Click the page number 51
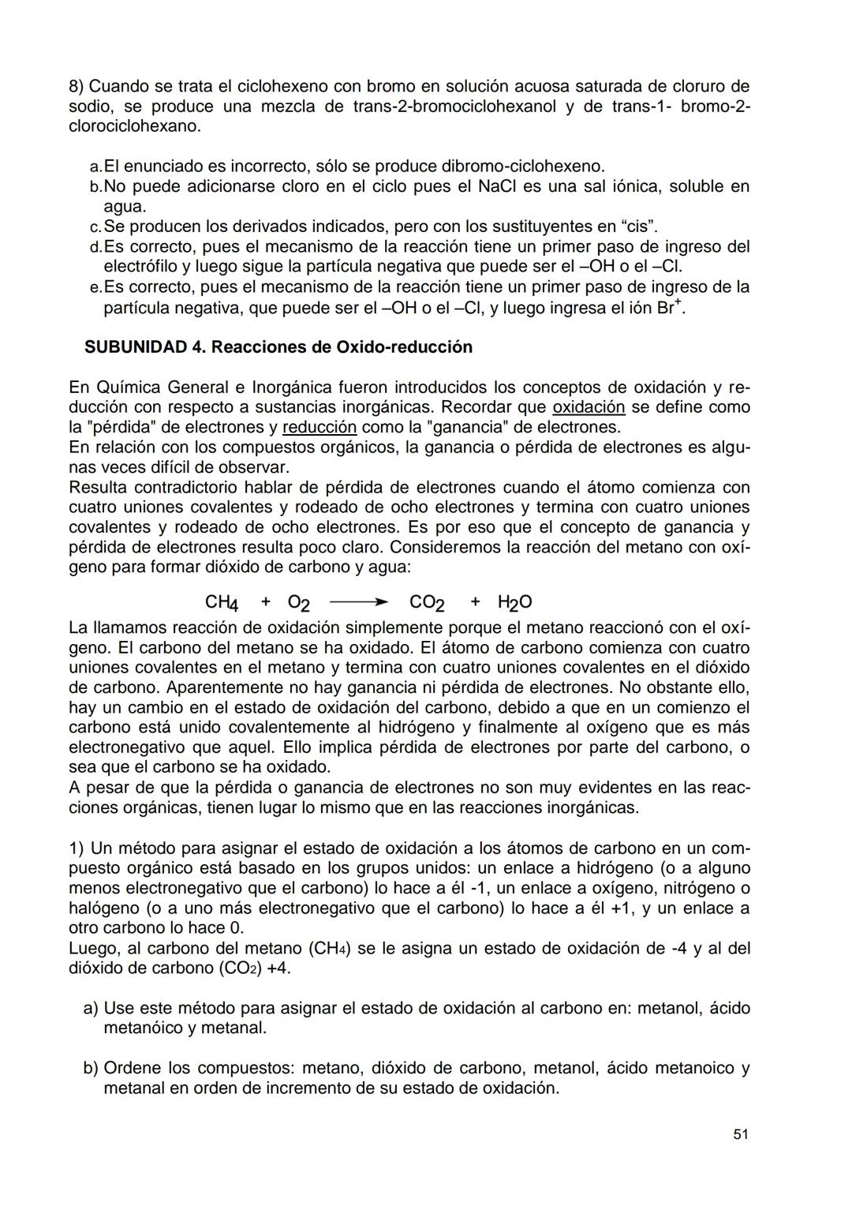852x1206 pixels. click(740, 1133)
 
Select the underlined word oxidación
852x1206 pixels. click(589, 407)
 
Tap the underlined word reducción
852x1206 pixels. click(319, 427)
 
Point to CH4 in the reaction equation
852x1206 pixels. click(222, 603)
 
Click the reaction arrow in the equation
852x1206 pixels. click(359, 603)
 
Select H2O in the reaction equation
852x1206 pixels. click(514, 603)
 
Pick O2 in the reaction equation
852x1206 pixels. click(298, 603)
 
